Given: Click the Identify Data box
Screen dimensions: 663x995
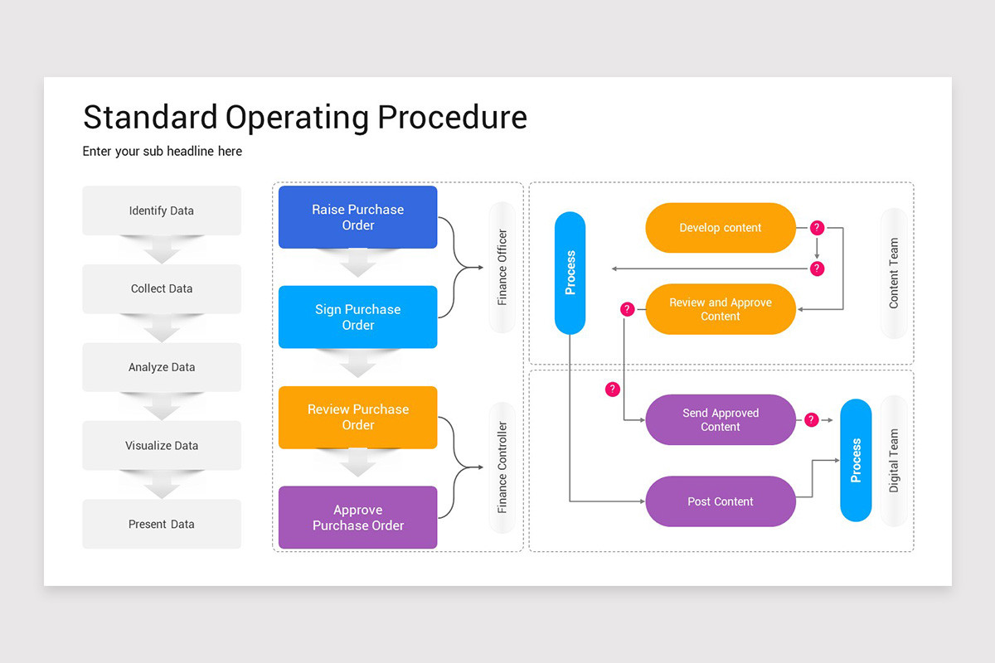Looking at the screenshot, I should [162, 211].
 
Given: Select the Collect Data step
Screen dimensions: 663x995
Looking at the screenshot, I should [162, 288].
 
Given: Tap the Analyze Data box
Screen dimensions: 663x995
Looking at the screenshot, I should [162, 367].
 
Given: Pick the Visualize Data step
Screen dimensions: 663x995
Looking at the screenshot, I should [162, 445].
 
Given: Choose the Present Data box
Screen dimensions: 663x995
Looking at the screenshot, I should [162, 524].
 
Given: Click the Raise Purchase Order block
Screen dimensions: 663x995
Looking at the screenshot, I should [357, 217].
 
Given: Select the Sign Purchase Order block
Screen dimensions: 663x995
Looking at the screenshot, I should [357, 317].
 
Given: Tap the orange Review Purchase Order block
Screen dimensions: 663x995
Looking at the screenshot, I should [357, 417].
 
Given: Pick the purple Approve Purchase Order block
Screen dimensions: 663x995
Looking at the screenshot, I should [357, 517].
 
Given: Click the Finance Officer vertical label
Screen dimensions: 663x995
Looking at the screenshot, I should [502, 268].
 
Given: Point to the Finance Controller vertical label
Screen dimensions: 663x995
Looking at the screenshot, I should [502, 467].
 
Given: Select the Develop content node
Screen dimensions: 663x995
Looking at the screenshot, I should [720, 228].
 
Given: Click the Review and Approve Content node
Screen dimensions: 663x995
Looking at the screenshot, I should [720, 309].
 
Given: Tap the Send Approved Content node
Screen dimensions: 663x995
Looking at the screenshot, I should [720, 419].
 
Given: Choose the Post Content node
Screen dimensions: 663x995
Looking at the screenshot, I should [720, 501].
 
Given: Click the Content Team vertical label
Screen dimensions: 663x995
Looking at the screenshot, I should [894, 273].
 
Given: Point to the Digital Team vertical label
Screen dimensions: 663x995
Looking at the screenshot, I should [894, 461].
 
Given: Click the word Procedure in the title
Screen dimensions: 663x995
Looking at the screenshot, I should [452, 117].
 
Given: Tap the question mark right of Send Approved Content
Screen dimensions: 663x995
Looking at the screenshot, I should [812, 420].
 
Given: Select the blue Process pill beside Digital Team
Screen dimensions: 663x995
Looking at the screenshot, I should [856, 461].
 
